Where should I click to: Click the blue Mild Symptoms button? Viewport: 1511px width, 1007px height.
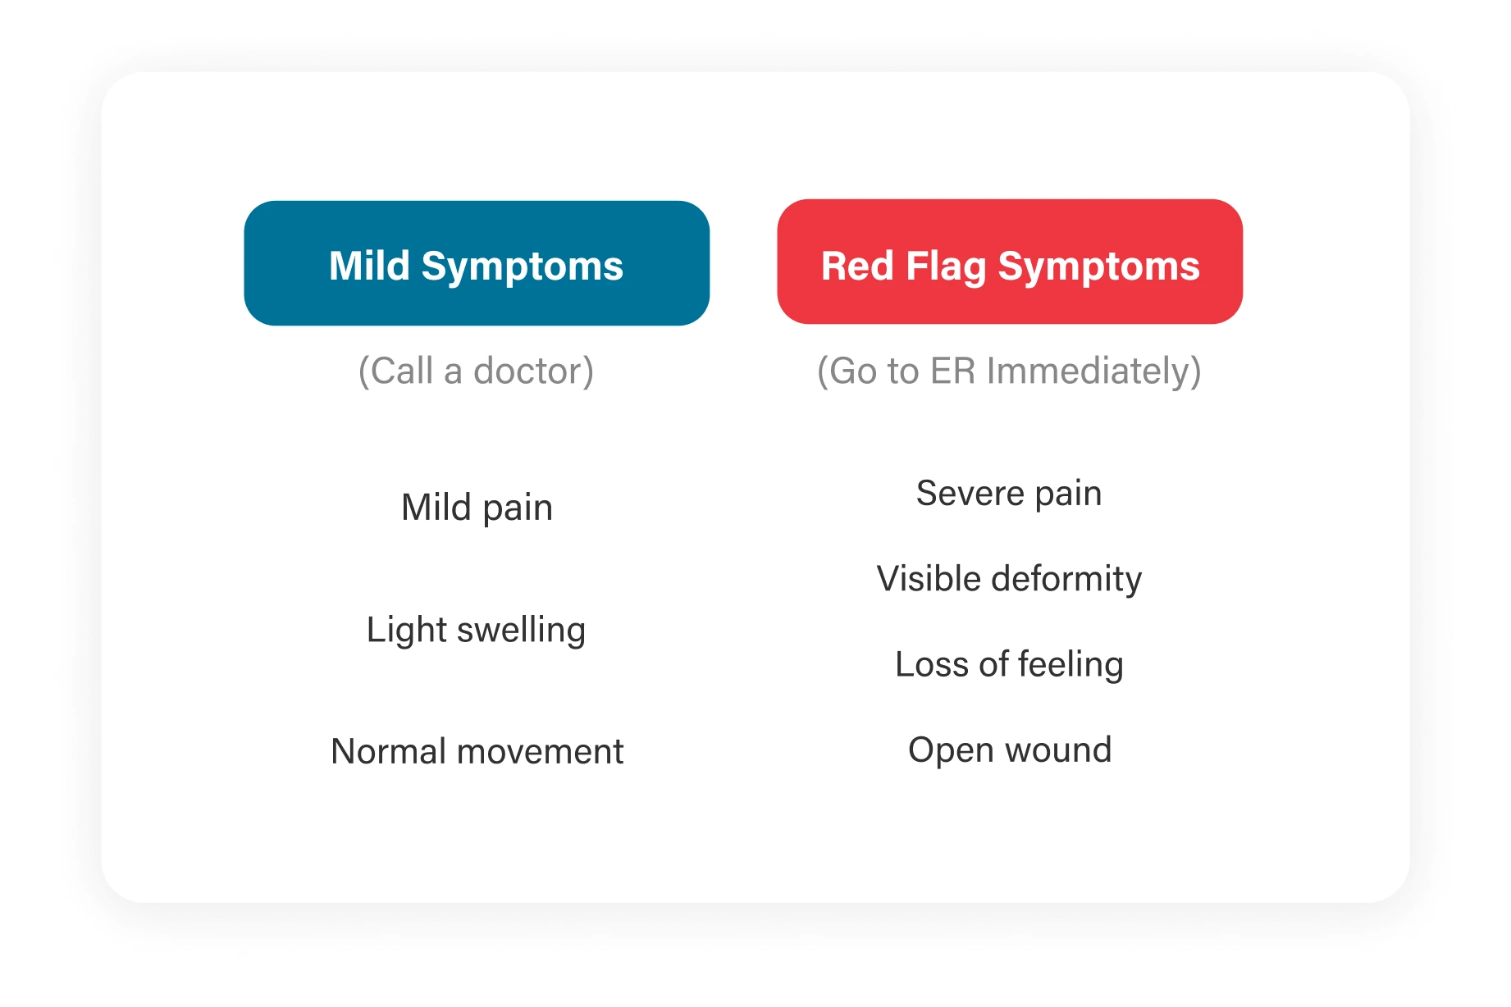476,263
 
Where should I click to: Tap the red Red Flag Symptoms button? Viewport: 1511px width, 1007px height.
1009,262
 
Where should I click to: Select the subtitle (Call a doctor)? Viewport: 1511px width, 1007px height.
476,371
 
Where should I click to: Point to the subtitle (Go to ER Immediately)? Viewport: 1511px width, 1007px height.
1009,371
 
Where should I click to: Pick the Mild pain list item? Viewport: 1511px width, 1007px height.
477,508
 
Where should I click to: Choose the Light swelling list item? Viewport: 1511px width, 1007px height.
476,631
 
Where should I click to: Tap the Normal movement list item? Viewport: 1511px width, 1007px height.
477,752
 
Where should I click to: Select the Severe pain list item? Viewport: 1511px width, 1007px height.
1009,494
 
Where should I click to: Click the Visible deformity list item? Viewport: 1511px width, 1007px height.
1009,579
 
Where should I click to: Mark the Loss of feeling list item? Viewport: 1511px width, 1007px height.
1009,664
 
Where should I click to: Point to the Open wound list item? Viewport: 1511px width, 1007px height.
1010,750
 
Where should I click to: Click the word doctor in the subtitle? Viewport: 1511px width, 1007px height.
533,371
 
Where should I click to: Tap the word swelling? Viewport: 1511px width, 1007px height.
521,631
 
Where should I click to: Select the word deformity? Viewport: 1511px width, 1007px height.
1066,579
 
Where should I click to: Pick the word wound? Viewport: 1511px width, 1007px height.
1058,750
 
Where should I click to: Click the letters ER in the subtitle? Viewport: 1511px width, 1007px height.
952,371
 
